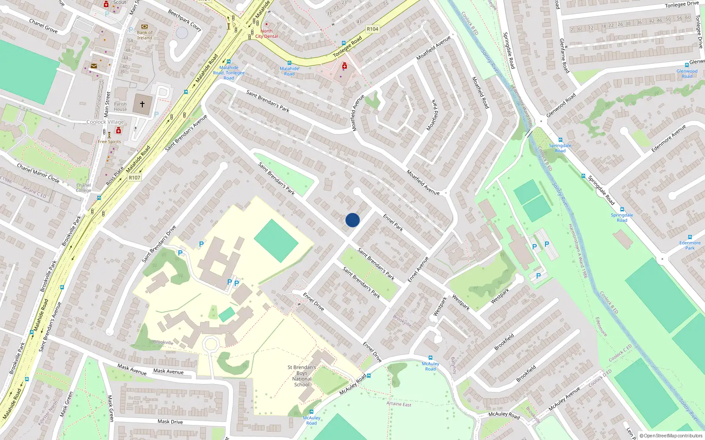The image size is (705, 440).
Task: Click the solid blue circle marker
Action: coord(352,220)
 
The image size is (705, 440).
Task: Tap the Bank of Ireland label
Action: coord(145,35)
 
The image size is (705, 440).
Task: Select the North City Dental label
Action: coord(267,34)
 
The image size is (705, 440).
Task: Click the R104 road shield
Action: coord(372,29)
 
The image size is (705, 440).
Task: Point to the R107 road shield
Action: coord(134,178)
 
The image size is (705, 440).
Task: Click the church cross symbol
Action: coord(142,104)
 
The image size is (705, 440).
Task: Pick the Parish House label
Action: coord(120,107)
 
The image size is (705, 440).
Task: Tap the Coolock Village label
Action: coord(105,122)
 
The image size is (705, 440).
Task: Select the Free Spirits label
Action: coord(109,142)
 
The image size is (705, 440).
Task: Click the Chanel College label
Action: coord(83,188)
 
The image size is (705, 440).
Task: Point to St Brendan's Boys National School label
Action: coord(302,376)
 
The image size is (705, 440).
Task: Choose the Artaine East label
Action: coord(399,404)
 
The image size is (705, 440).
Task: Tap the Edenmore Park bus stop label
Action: coord(690,245)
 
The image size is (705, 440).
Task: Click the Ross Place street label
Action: coord(115,176)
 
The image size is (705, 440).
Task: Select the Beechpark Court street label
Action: coord(185,21)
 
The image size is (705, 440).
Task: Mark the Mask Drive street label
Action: coord(170,422)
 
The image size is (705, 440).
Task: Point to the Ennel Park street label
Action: coord(393,223)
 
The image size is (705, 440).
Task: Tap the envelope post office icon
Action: coord(94,66)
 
